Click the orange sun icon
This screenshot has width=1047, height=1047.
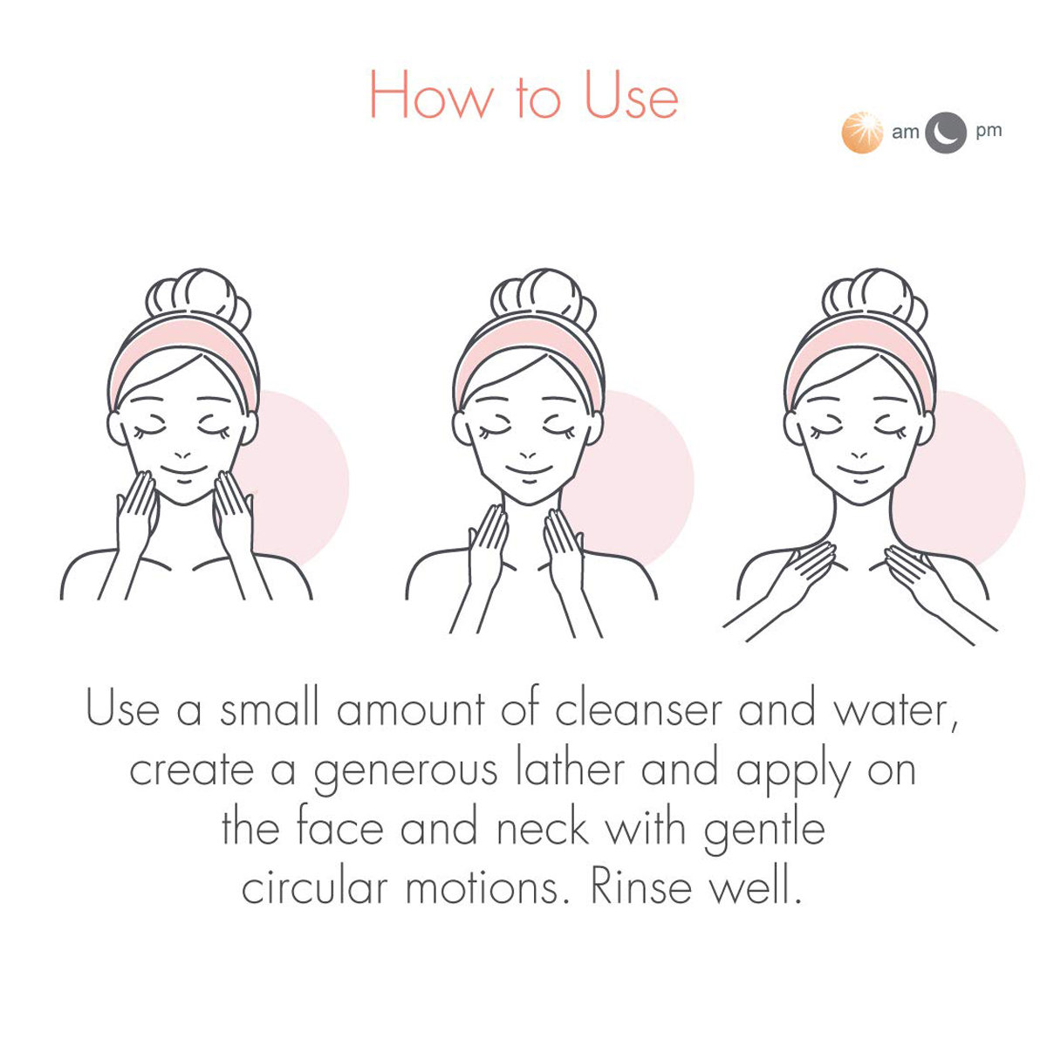click(x=862, y=133)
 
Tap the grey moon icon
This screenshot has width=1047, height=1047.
click(x=946, y=133)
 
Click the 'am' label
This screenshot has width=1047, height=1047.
click(x=905, y=132)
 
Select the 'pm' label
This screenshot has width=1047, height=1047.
click(x=989, y=132)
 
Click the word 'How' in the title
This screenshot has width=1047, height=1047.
click(x=433, y=96)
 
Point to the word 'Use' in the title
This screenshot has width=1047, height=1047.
click(x=632, y=96)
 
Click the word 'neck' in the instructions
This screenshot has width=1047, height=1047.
click(x=543, y=829)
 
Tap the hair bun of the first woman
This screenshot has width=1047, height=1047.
click(x=199, y=298)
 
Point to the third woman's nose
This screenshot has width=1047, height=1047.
click(x=859, y=455)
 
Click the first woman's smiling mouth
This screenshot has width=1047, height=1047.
click(x=183, y=471)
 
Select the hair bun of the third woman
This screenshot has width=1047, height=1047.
click(x=875, y=298)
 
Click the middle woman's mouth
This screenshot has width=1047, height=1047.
click(x=529, y=471)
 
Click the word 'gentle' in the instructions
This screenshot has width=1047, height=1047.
click(x=764, y=831)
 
